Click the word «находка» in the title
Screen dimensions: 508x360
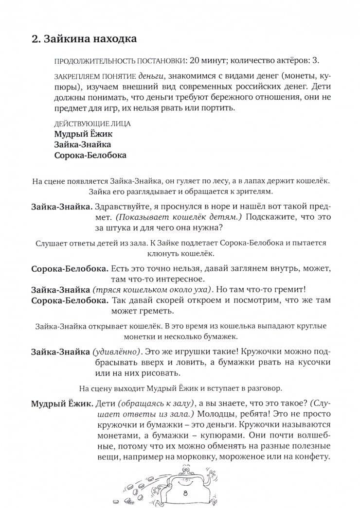click(105, 38)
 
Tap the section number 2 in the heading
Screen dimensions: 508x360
click(35, 38)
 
